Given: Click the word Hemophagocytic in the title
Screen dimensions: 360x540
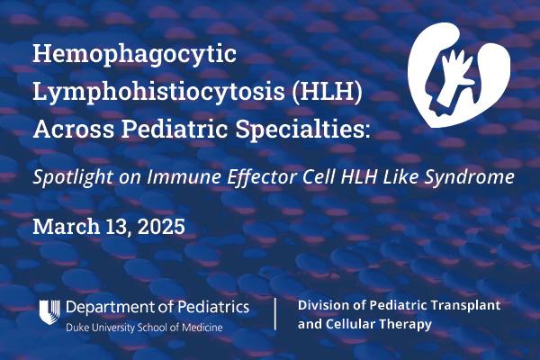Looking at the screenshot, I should [134, 55].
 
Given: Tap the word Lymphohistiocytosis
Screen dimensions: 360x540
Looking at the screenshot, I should [131, 93].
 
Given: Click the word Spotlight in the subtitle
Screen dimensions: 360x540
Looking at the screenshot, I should [71, 177].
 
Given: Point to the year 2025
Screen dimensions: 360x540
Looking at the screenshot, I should [162, 226].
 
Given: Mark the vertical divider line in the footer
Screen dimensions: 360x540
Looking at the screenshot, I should [275, 315].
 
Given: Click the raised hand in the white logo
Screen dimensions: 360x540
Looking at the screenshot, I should [454, 67].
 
